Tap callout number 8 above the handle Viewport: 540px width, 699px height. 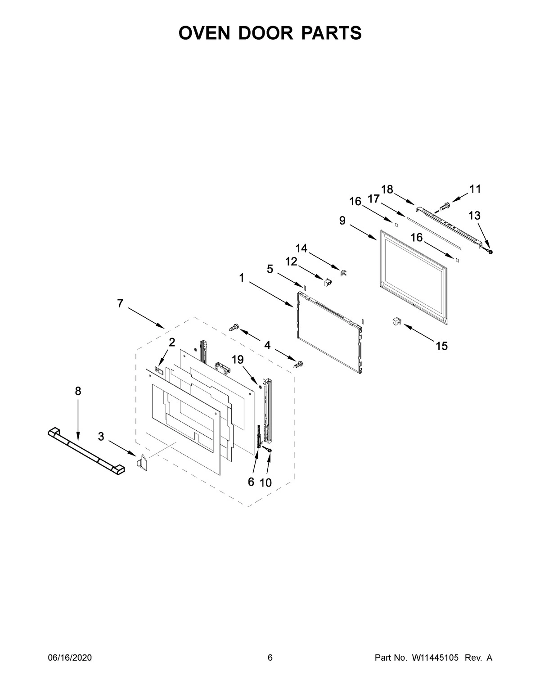(x=78, y=392)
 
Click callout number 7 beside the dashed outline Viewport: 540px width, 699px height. (x=120, y=304)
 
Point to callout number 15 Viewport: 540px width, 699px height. (x=441, y=346)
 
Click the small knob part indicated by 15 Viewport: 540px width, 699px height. (x=396, y=321)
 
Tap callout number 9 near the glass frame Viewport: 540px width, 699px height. (x=342, y=221)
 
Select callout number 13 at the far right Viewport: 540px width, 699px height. (x=474, y=216)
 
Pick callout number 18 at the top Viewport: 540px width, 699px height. (x=387, y=189)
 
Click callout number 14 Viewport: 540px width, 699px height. (x=301, y=248)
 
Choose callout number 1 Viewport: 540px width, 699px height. (x=242, y=278)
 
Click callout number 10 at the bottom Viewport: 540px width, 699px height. (x=265, y=483)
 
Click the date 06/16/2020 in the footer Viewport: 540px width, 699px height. (x=70, y=658)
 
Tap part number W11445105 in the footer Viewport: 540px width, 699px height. (x=434, y=658)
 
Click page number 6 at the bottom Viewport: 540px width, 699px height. (x=270, y=658)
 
